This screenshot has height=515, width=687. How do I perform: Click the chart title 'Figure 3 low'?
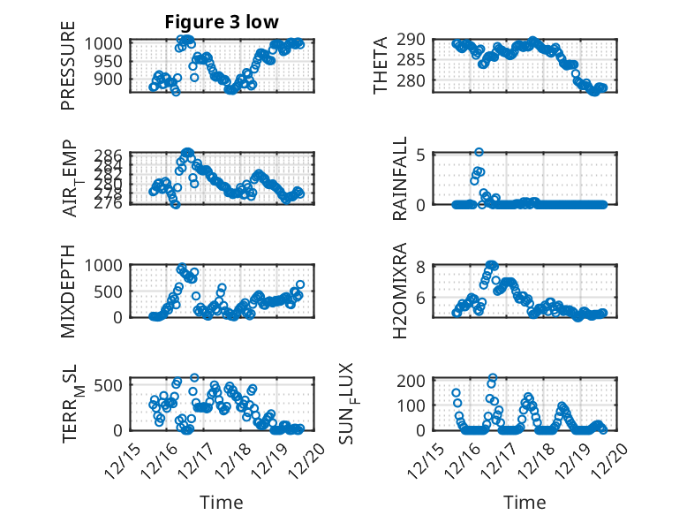coord(222,22)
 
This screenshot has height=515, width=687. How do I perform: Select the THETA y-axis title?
coord(381,66)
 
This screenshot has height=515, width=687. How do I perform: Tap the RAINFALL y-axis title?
coord(399,178)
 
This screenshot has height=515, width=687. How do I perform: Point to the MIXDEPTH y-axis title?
coord(68,291)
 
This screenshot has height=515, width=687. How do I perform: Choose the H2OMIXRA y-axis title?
coord(399,291)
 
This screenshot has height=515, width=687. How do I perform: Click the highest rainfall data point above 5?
coord(479,152)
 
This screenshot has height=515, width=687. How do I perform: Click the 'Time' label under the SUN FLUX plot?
coord(525,502)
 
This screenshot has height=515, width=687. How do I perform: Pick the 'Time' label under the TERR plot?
coord(222,502)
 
